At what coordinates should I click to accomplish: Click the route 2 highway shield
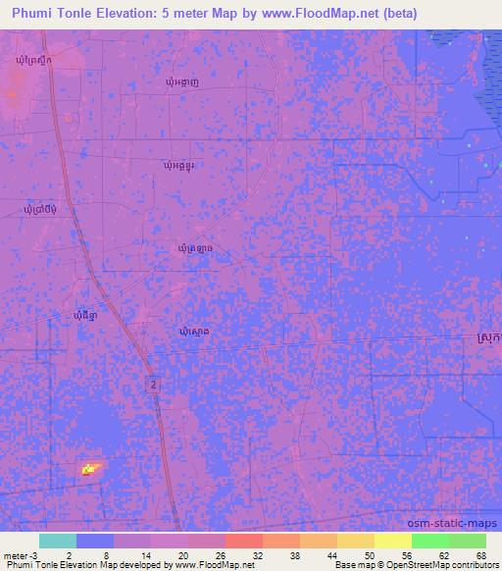point(154,386)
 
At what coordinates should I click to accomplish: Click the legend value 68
point(479,554)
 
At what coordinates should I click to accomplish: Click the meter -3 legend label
point(20,554)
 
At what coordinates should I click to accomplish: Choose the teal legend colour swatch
point(57,541)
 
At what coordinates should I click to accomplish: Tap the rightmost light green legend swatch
point(467,541)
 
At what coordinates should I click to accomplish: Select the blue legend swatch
point(94,541)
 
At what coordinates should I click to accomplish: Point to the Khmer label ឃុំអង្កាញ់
point(184,83)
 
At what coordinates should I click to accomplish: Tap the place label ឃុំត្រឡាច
point(195,249)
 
